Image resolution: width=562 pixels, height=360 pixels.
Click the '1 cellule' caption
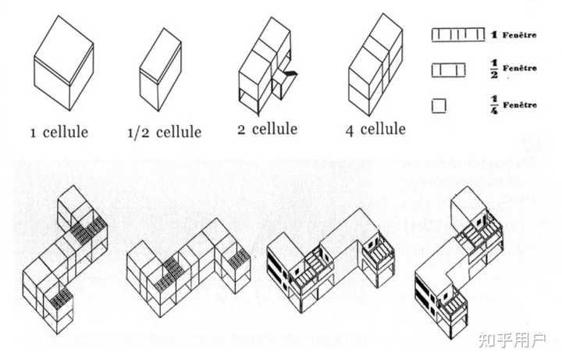tap(59, 130)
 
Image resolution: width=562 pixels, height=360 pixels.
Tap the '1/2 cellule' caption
tap(164, 131)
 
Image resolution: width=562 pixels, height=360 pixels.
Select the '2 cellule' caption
tap(268, 128)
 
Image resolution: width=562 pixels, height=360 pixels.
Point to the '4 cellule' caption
tap(375, 128)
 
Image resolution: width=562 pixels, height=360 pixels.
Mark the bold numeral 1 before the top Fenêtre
tap(494, 34)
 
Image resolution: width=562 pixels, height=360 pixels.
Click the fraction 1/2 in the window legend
tap(494, 70)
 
